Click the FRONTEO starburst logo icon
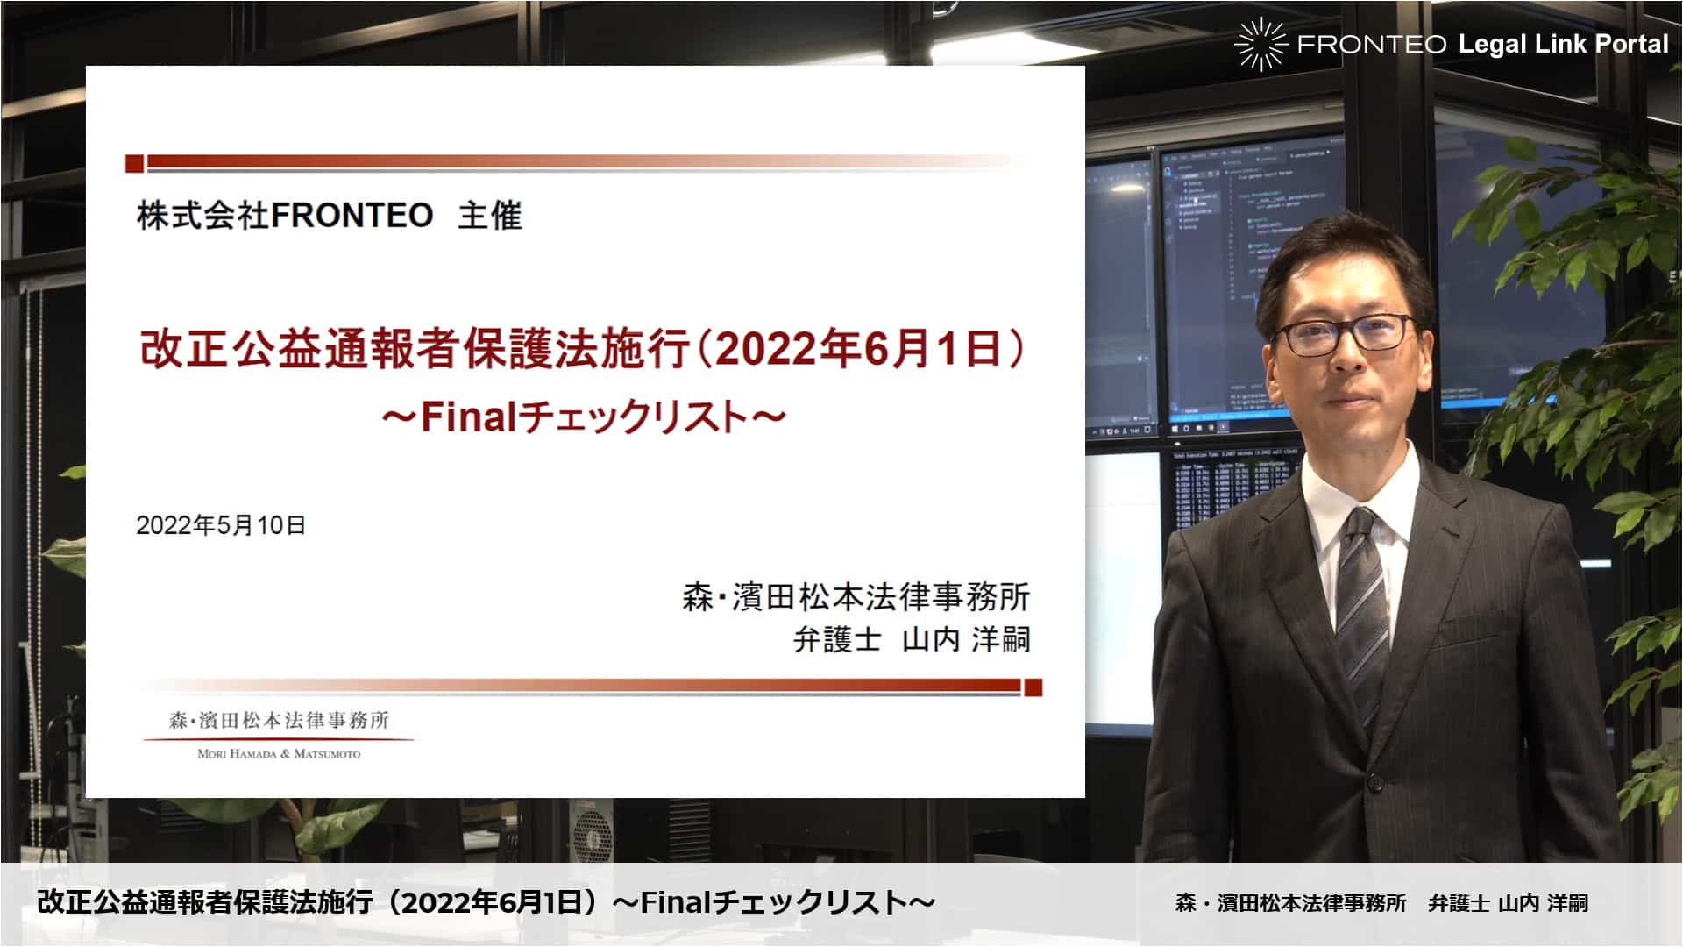pos(1260,44)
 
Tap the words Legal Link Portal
pos(1564,44)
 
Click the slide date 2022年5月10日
pos(221,525)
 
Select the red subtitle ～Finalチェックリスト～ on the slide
pos(583,417)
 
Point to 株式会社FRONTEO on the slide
pos(285,216)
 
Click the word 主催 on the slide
pos(490,216)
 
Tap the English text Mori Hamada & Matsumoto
pos(279,753)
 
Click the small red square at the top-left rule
pos(134,163)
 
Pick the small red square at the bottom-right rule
pos(1033,687)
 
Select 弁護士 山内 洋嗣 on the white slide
pos(912,639)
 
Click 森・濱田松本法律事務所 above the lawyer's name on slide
pos(856,597)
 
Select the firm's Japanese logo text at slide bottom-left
pos(279,721)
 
